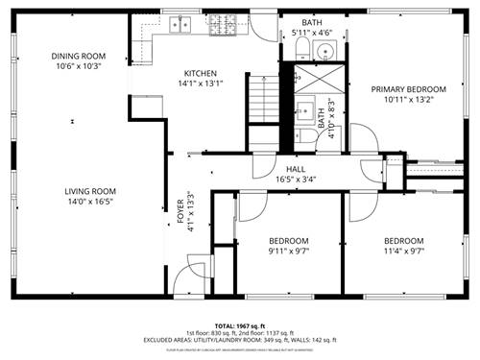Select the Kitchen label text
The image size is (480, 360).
tap(200, 74)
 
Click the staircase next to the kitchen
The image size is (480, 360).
tap(263, 100)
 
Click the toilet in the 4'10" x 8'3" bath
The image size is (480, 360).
tap(302, 132)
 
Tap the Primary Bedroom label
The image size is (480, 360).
tap(403, 89)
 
